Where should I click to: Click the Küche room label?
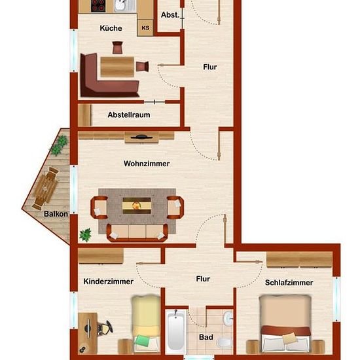[x=111, y=28]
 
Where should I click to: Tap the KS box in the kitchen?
[x=145, y=27]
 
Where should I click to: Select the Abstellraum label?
[x=129, y=115]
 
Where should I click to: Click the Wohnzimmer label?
[x=147, y=164]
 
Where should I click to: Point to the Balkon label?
[x=56, y=214]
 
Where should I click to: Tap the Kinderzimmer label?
[x=109, y=281]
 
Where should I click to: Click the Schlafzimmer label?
[x=289, y=283]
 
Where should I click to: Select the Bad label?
[x=206, y=337]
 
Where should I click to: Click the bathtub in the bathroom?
[x=176, y=332]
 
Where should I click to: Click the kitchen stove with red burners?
[x=98, y=6]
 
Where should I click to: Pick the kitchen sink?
[x=124, y=6]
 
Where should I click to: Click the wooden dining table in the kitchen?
[x=117, y=67]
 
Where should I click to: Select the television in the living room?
[x=141, y=137]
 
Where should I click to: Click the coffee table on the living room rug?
[x=137, y=206]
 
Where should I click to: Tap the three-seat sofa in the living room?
[x=137, y=232]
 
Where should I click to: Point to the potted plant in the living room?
[x=85, y=235]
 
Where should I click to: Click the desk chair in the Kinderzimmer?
[x=105, y=328]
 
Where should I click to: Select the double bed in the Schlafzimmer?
[x=285, y=323]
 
